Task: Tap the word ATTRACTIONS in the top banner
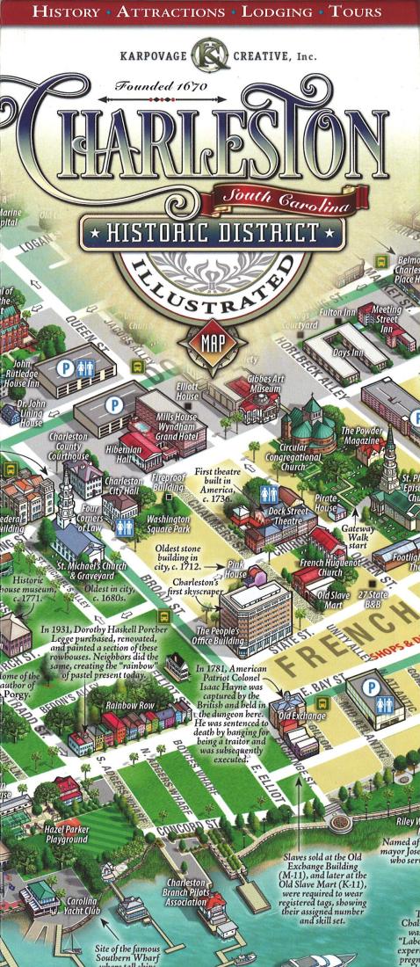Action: pos(170,12)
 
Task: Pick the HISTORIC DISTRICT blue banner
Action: pos(211,233)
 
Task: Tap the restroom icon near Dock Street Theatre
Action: pos(270,493)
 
